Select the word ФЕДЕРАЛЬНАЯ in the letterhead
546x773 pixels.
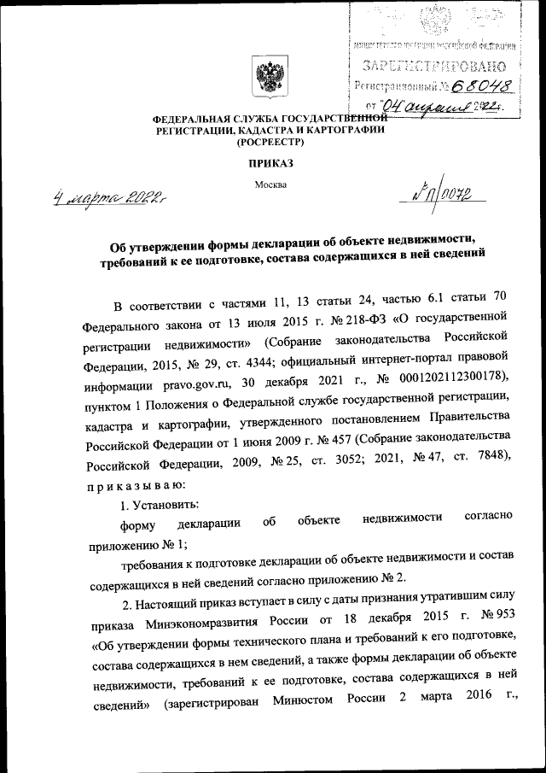[x=190, y=119]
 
